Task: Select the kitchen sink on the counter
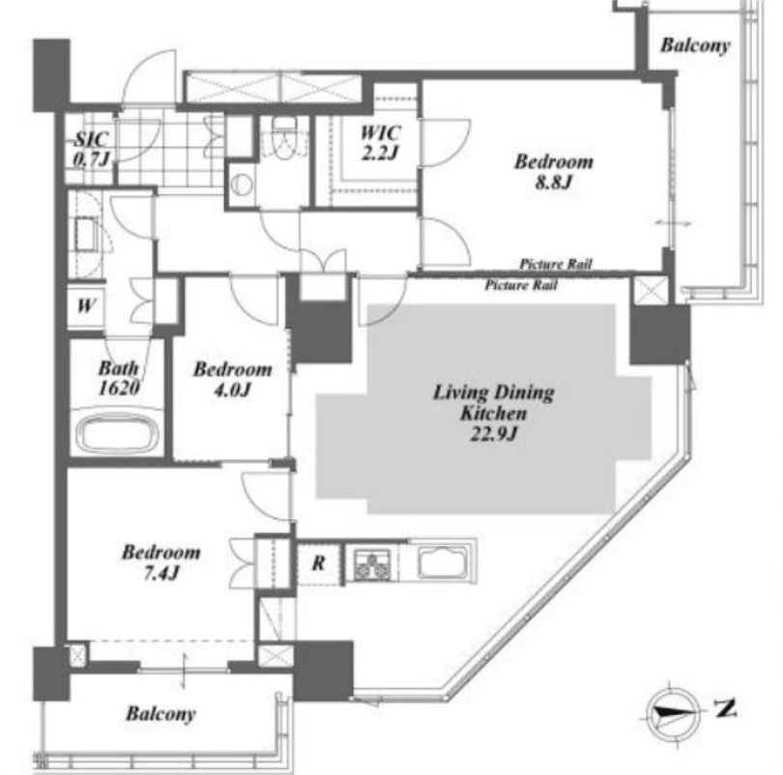pos(443,561)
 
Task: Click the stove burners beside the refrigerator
pos(371,564)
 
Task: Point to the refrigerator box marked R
pos(319,563)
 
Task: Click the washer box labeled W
pos(86,305)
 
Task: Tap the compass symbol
pos(672,712)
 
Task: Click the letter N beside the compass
pos(726,708)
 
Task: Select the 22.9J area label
pos(493,434)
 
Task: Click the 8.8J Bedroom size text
pos(553,182)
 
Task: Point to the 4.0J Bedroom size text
pos(232,389)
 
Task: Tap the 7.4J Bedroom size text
pos(160,573)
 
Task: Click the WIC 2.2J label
pos(381,142)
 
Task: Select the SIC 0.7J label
pos(92,149)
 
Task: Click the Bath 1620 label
pos(118,378)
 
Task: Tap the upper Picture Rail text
pos(556,264)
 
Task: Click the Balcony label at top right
pos(695,44)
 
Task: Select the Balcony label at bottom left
pos(160,713)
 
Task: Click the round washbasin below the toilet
pos(243,185)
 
